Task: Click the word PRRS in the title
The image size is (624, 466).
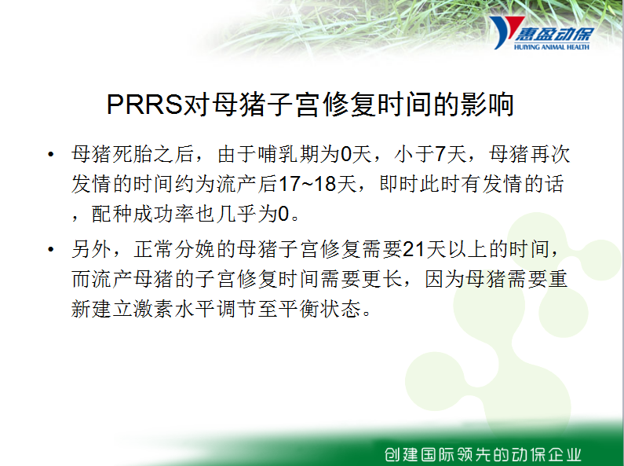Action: [x=144, y=105]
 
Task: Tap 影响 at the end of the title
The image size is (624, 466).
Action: [x=487, y=105]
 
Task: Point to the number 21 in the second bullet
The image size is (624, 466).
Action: [x=414, y=250]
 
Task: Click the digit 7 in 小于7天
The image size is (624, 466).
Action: [x=440, y=155]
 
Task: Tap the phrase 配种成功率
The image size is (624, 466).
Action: [x=144, y=214]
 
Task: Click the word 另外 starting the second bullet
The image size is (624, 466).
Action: [x=92, y=249]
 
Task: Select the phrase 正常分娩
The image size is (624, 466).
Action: [x=174, y=249]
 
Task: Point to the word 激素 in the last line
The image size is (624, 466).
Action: [x=153, y=309]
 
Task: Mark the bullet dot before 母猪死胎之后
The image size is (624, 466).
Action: [x=50, y=155]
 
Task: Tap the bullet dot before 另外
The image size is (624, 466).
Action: [x=50, y=250]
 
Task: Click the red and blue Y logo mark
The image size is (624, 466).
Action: [x=505, y=32]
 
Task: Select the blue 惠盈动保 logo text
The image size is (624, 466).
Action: [x=554, y=35]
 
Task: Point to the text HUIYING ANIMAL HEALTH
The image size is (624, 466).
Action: [x=552, y=47]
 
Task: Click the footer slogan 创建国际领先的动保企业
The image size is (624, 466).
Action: [x=484, y=454]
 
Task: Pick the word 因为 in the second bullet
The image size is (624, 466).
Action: [x=445, y=279]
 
